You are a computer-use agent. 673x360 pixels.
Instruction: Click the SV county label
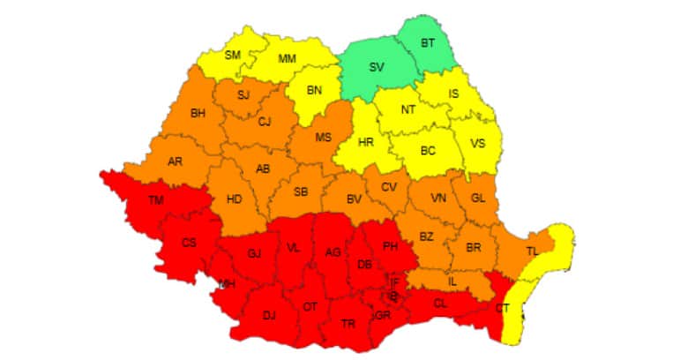click(x=377, y=67)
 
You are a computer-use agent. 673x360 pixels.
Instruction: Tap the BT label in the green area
click(x=428, y=42)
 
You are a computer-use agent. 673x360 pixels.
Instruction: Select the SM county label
click(x=233, y=55)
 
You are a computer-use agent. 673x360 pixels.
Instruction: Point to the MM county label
click(x=288, y=58)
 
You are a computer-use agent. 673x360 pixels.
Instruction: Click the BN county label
click(x=315, y=91)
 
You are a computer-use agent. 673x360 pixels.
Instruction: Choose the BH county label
click(x=197, y=112)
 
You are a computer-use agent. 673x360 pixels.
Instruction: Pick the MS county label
click(x=323, y=137)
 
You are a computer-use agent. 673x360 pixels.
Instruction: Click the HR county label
click(x=365, y=141)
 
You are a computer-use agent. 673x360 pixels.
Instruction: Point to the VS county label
click(x=477, y=144)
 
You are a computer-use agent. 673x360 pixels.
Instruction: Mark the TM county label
click(x=155, y=201)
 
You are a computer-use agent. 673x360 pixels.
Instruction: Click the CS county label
click(x=188, y=243)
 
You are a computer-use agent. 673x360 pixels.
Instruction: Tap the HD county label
click(x=234, y=199)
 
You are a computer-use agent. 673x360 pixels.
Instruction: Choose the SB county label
click(x=301, y=191)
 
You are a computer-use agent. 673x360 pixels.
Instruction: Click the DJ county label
click(x=268, y=314)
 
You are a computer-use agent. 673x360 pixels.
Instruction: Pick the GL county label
click(x=478, y=198)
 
